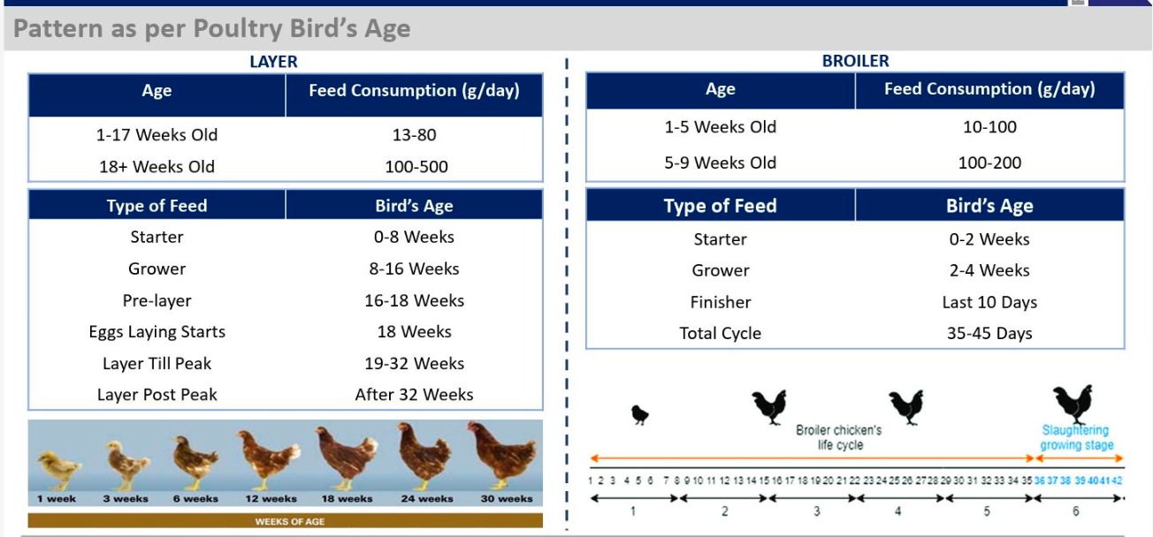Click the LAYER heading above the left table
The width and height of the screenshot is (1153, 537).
pos(273,62)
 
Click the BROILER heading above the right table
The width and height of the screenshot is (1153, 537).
pos(855,61)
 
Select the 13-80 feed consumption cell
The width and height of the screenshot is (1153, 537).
pos(414,135)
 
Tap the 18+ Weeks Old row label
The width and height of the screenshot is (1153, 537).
pos(157,167)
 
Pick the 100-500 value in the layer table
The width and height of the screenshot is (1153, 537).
pos(414,167)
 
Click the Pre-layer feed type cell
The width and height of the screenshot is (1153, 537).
pos(157,300)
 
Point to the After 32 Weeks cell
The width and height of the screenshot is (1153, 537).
pos(414,395)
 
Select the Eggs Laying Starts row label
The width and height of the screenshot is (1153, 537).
pos(157,332)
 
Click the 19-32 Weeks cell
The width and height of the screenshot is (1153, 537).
pos(414,363)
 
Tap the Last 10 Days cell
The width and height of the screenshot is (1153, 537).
pos(989,302)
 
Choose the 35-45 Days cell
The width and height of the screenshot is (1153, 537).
pos(989,334)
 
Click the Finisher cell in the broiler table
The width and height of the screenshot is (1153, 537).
pos(720,302)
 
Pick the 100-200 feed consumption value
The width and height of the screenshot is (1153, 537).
pos(989,163)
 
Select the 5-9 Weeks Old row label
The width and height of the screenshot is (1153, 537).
pos(720,163)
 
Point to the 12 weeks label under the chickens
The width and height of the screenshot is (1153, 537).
pos(271,499)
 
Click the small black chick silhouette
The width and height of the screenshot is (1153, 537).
pos(640,414)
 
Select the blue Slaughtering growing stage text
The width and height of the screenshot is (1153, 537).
pos(1076,438)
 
